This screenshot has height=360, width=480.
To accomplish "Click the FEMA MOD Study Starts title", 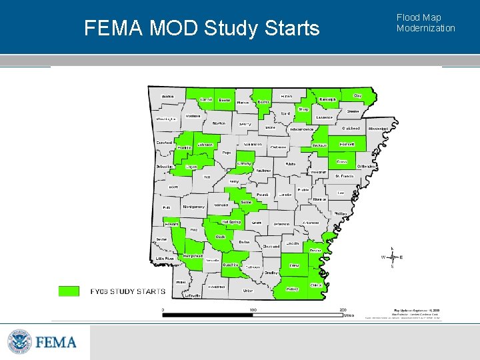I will click(202, 29).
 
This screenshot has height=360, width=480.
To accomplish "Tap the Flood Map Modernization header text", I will click(425, 23).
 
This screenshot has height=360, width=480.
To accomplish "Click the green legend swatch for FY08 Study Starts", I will click(69, 291).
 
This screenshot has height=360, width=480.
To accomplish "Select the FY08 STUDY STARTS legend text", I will click(128, 291).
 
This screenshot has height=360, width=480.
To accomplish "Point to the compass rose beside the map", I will click(392, 257).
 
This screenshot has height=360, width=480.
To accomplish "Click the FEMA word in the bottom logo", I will click(57, 343).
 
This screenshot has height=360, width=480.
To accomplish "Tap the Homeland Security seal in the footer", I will click(19, 343).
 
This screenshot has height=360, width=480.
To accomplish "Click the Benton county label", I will click(168, 96).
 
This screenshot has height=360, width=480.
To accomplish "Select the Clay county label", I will click(357, 96).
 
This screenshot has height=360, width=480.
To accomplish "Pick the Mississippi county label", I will click(377, 128).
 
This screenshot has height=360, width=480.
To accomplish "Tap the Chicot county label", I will click(316, 285).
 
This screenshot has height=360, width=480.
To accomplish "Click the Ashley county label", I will click(292, 289).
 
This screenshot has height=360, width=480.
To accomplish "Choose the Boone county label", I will click(225, 100).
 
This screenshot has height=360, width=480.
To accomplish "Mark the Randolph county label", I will click(327, 99).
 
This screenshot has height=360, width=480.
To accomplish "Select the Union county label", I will click(248, 291).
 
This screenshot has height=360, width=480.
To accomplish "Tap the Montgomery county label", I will click(194, 207).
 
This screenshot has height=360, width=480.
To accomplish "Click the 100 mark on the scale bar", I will click(253, 309).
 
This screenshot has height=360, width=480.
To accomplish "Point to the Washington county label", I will click(166, 119).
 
